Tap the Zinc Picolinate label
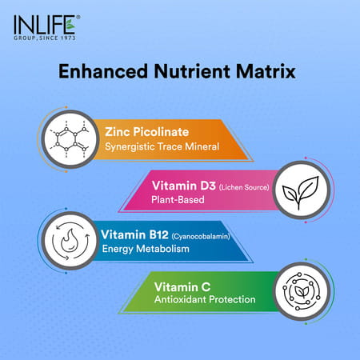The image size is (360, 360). point(142,129)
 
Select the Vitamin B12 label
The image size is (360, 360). point(132,234)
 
